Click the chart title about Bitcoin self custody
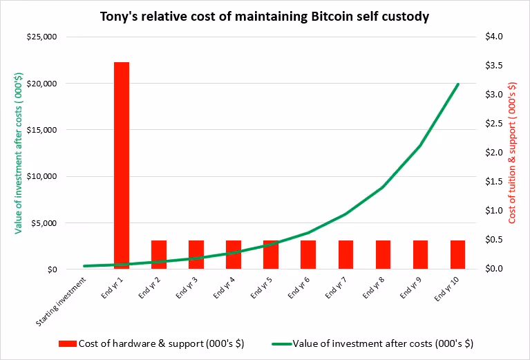[x=265, y=16]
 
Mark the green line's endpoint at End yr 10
[x=457, y=84]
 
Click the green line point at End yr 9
[x=420, y=146]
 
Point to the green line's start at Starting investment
[x=84, y=266]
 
